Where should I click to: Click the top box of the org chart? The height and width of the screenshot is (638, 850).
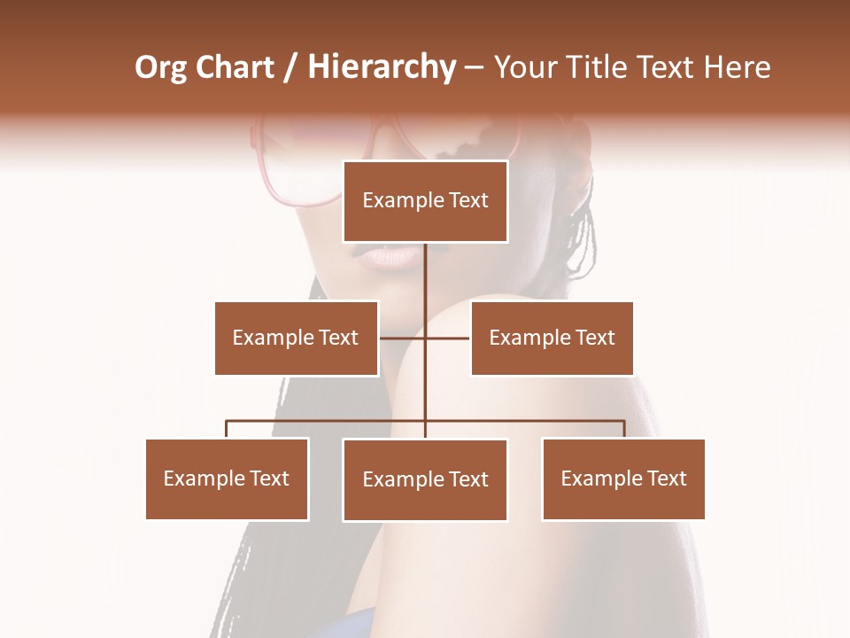425,201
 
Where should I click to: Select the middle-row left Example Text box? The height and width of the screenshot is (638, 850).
296,338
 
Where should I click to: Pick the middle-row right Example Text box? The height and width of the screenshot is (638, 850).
552,338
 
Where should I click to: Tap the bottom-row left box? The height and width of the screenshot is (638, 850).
227,478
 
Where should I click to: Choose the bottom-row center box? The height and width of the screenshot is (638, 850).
425,479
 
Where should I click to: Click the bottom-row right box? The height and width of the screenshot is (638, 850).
623,478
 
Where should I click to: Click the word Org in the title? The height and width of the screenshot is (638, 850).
160,67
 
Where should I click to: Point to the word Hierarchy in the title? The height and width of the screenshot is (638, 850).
382,67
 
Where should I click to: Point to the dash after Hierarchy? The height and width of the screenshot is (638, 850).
474,67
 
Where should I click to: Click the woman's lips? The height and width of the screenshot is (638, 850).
390,256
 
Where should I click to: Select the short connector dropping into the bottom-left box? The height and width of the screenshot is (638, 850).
227,429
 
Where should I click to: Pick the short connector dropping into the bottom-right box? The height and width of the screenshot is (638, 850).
623,429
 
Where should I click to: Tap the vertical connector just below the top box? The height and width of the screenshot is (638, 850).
425,266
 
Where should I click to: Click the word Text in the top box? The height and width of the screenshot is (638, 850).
467,201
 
